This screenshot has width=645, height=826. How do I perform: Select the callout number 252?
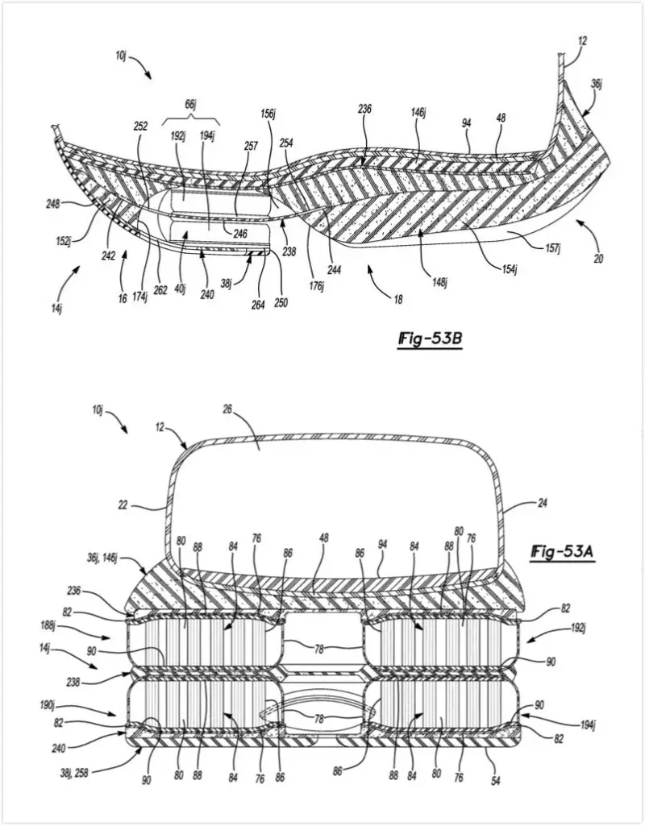(142, 127)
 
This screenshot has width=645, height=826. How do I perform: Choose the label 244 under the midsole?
(334, 271)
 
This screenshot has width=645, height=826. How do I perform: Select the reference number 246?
(240, 234)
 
